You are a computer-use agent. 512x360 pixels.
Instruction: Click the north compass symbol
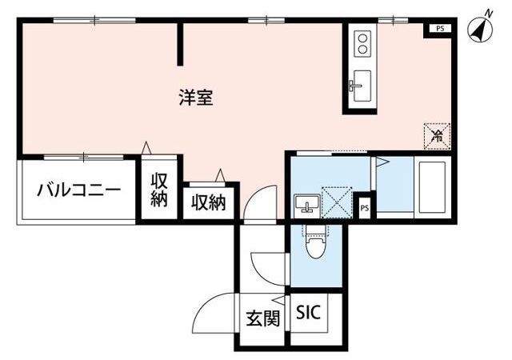(481, 27)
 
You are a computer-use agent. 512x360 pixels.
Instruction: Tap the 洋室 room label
(195, 98)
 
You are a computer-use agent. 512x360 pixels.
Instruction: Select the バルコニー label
(79, 190)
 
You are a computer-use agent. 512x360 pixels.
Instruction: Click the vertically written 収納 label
(158, 190)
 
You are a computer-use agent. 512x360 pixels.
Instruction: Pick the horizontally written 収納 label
(208, 203)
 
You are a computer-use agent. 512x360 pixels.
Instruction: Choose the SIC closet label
(309, 312)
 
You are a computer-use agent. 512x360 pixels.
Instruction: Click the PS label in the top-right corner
(439, 29)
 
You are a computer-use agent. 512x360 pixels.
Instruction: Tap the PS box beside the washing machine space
(365, 208)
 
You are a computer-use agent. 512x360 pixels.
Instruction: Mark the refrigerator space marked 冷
(436, 135)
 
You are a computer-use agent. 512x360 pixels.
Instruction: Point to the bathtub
(432, 186)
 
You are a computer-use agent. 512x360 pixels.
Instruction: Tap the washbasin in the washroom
(305, 206)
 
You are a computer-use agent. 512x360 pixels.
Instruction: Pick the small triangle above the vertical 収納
(146, 147)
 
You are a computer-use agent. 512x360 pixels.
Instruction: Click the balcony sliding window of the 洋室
(78, 156)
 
